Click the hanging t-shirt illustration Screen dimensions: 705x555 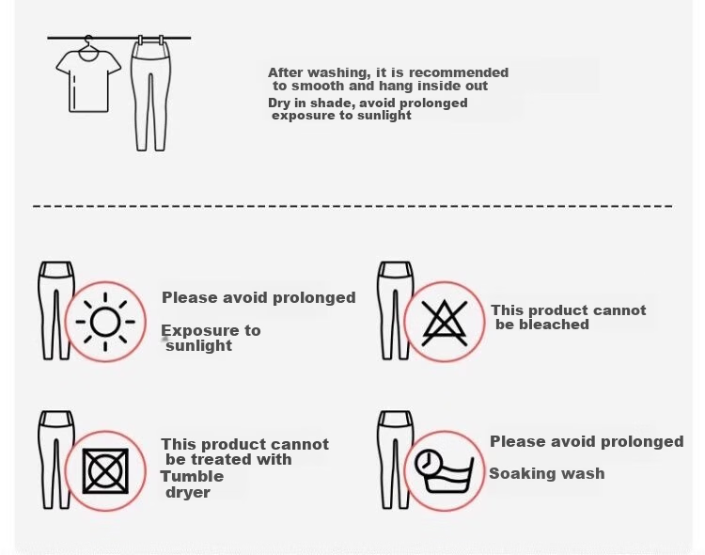point(88,81)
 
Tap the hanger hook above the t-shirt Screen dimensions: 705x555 point(88,40)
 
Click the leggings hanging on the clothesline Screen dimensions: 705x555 point(151,94)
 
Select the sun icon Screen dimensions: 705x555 point(105,322)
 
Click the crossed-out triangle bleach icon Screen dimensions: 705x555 point(445,323)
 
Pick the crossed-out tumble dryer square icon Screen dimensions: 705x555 point(105,471)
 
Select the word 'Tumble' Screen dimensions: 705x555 point(192,476)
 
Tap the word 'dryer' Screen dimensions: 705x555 point(188,492)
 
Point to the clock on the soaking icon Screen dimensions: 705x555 point(427,462)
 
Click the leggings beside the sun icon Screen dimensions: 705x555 point(55,310)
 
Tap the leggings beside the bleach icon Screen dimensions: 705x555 point(395,310)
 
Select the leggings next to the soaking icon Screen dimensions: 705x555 point(395,460)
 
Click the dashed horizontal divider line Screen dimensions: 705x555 point(352,206)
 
